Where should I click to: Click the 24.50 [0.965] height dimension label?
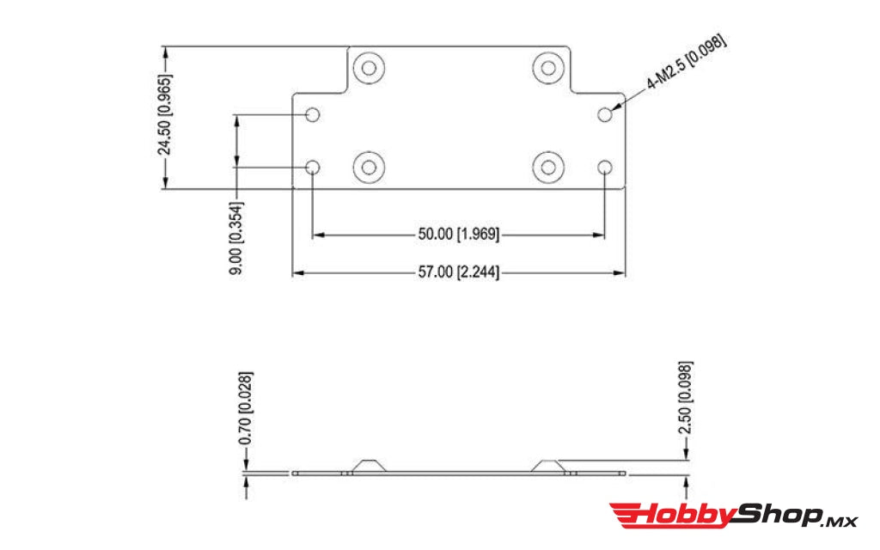(x=164, y=115)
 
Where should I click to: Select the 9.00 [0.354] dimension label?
(x=235, y=238)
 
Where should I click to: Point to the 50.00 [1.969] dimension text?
(x=458, y=234)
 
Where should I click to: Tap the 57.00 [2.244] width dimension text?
(x=458, y=273)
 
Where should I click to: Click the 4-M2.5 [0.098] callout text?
(x=687, y=63)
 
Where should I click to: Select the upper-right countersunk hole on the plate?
(x=547, y=66)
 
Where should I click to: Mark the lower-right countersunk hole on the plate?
(x=547, y=167)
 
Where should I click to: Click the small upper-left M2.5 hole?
(x=314, y=114)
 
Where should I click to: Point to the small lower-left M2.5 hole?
(x=314, y=167)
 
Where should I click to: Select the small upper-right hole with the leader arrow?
(x=606, y=114)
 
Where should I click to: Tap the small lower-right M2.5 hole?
(x=606, y=167)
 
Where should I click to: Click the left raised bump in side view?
(x=370, y=465)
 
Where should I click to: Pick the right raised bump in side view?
(x=547, y=465)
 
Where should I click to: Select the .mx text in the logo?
(x=840, y=520)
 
